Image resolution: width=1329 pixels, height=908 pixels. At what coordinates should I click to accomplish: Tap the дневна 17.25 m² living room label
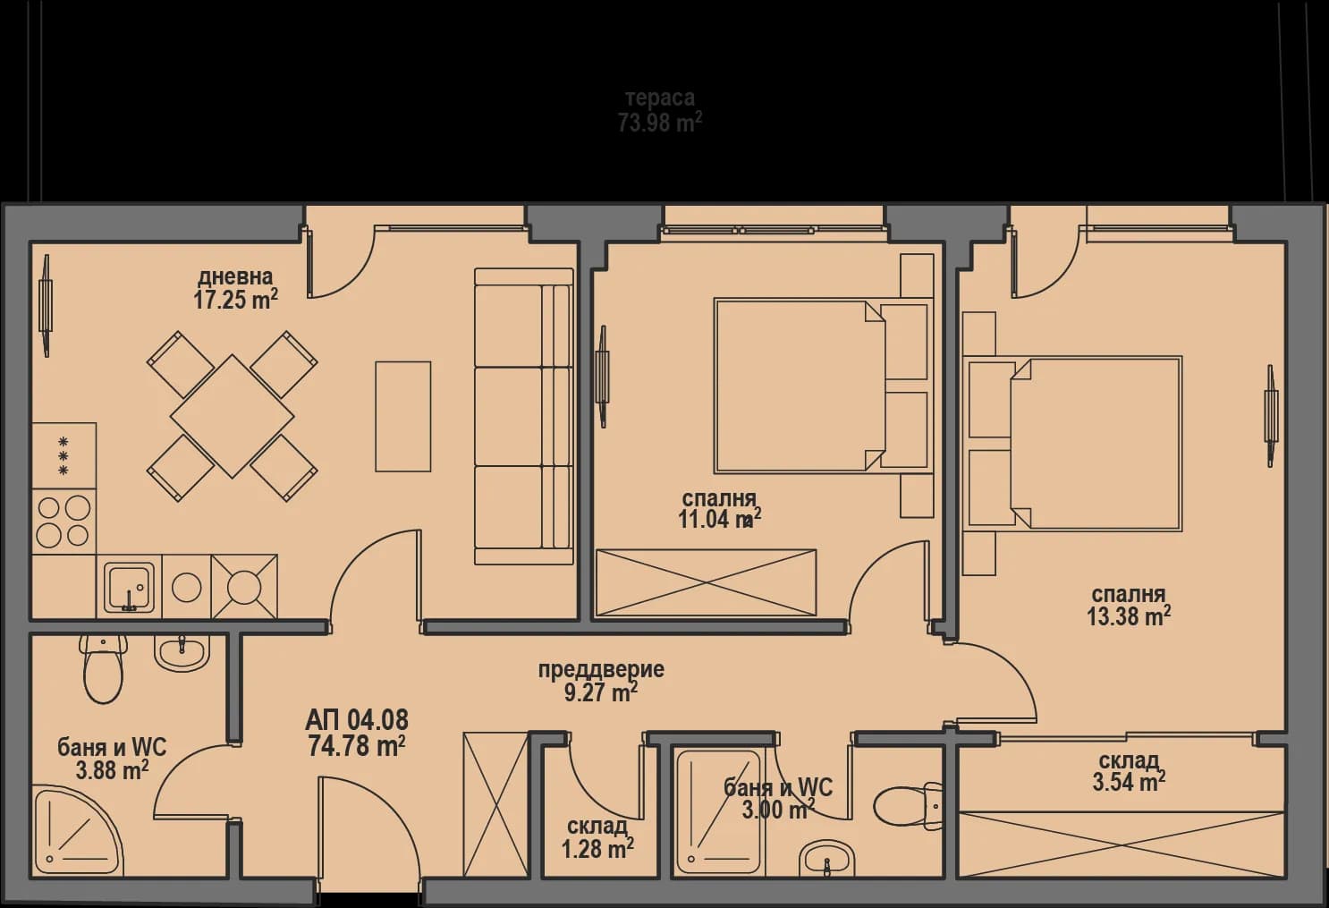(235, 288)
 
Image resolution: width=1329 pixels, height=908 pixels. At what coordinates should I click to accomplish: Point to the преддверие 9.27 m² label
(601, 681)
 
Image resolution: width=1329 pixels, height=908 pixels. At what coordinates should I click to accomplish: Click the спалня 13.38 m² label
(1129, 606)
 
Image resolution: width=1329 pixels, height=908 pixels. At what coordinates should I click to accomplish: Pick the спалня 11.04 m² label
(719, 509)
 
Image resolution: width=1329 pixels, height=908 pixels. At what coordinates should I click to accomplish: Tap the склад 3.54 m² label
(1129, 771)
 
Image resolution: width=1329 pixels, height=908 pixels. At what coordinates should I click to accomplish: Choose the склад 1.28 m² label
(597, 837)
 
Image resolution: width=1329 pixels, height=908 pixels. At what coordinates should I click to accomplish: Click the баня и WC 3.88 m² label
(112, 759)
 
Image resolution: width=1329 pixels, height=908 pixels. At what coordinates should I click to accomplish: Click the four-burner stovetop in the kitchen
(63, 522)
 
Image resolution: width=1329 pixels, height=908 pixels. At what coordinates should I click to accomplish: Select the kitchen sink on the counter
(129, 587)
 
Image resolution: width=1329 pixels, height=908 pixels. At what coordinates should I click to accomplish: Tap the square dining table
(233, 416)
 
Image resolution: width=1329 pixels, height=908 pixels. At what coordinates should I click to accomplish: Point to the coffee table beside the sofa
(402, 416)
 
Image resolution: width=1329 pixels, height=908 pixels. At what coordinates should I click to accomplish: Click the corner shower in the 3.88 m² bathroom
(72, 832)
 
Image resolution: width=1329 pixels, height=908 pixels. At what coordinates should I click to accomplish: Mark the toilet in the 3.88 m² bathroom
(102, 671)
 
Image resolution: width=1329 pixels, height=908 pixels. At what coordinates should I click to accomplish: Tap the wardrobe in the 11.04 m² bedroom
(706, 583)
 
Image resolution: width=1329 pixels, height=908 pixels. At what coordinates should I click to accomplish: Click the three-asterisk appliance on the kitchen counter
(63, 455)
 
